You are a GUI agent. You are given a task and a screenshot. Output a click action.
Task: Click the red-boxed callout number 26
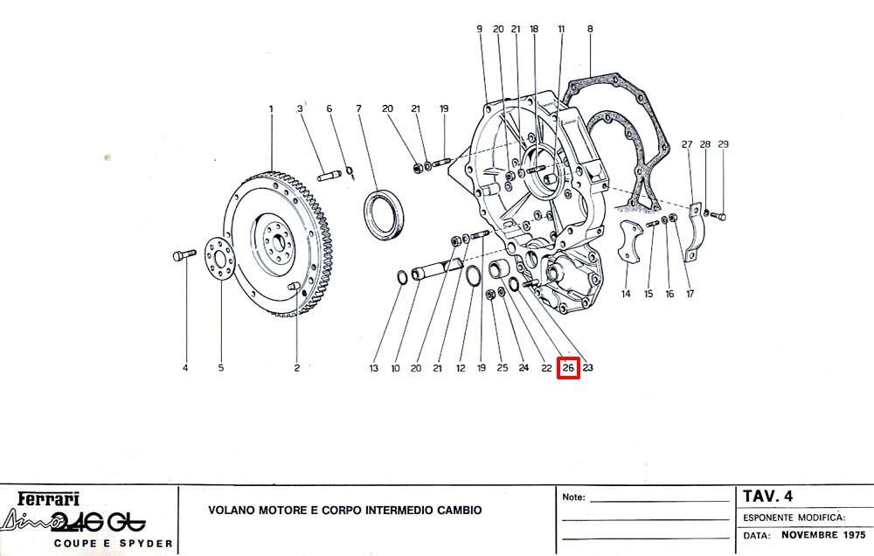pyautogui.click(x=569, y=367)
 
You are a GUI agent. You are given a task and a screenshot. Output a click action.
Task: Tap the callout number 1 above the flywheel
pyautogui.click(x=272, y=108)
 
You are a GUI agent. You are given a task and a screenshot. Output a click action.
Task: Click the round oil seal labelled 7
pyautogui.click(x=385, y=215)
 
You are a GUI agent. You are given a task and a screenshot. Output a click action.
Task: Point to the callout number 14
pyautogui.click(x=626, y=294)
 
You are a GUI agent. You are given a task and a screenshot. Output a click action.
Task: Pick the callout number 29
pyautogui.click(x=723, y=144)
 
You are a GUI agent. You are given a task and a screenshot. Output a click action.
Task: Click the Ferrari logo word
pyautogui.click(x=48, y=498)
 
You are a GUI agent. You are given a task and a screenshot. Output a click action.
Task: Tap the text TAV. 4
pyautogui.click(x=767, y=496)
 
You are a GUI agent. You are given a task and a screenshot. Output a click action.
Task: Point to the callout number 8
pyautogui.click(x=590, y=29)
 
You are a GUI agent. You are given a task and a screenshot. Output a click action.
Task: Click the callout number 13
pyautogui.click(x=373, y=368)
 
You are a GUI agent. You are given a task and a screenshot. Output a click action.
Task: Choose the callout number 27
pyautogui.click(x=687, y=144)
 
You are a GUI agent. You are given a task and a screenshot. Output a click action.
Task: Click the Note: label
pyautogui.click(x=573, y=497)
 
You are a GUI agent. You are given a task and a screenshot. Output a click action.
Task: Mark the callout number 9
pyautogui.click(x=479, y=29)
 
